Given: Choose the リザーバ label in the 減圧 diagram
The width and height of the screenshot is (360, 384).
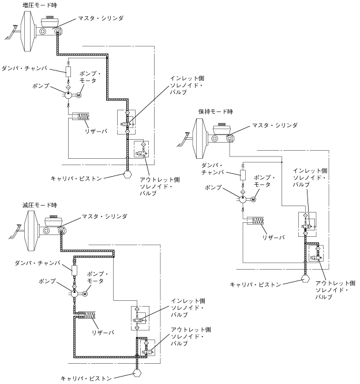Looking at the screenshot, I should coord(103,332).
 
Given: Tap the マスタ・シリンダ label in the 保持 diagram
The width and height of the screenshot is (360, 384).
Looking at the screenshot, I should coord(275,125).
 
